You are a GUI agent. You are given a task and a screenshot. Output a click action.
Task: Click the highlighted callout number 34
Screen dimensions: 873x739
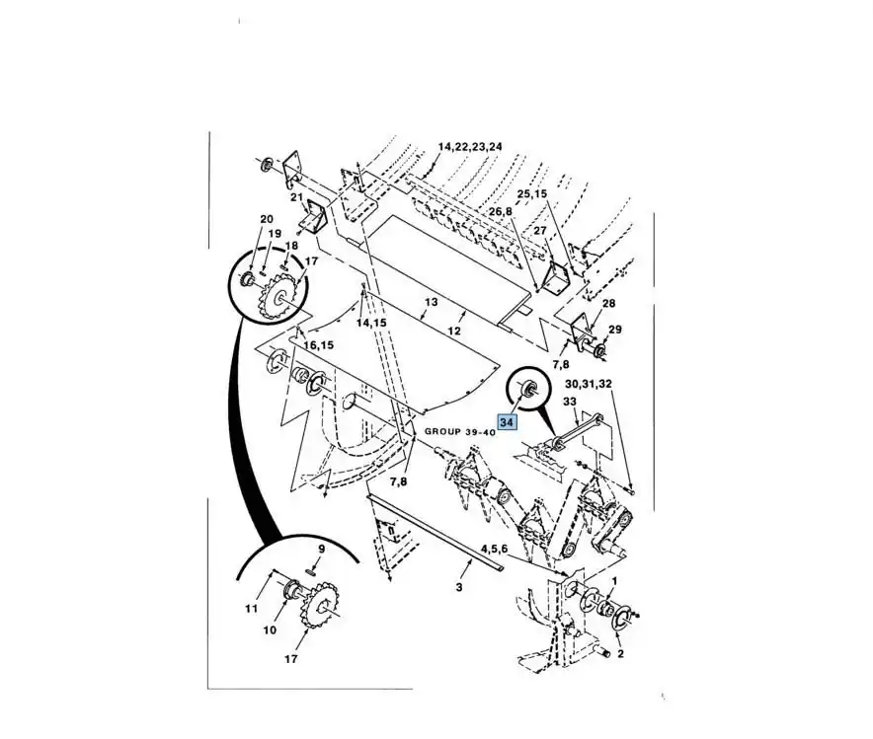click(x=506, y=422)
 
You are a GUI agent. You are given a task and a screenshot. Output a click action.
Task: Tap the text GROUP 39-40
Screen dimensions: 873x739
click(x=460, y=431)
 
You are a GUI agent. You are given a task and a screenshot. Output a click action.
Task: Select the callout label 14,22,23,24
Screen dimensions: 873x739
click(x=470, y=147)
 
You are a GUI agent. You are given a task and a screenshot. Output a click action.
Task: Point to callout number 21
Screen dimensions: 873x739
click(x=295, y=197)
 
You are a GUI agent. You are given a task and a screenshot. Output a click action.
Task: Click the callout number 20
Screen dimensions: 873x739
click(x=267, y=219)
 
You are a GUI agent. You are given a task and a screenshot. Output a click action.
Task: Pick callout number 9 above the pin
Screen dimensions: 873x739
click(x=321, y=550)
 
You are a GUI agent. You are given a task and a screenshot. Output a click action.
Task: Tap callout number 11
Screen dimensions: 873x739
click(x=252, y=609)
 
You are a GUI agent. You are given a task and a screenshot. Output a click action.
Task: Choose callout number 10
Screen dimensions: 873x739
click(x=270, y=630)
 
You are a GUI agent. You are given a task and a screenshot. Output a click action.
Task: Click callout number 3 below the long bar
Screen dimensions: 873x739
click(x=459, y=587)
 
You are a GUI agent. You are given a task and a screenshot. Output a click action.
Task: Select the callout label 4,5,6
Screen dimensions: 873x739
click(x=495, y=549)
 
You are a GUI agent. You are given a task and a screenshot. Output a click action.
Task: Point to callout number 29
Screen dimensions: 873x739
click(x=614, y=330)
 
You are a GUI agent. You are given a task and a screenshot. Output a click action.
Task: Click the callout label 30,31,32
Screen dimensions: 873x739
click(x=589, y=384)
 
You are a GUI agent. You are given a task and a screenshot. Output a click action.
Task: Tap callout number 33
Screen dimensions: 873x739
click(x=570, y=401)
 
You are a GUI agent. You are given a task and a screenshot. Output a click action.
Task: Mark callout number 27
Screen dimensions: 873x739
click(x=540, y=230)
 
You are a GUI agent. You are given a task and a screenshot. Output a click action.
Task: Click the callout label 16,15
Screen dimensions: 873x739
click(x=318, y=345)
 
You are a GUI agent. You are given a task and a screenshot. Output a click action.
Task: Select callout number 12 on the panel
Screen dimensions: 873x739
click(x=453, y=331)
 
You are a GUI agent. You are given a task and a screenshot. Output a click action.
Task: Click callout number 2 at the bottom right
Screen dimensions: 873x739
click(x=620, y=654)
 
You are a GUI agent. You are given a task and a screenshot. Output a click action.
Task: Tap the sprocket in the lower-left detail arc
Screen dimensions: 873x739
click(x=317, y=606)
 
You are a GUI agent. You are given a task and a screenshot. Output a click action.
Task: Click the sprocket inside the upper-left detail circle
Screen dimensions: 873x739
click(x=280, y=294)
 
